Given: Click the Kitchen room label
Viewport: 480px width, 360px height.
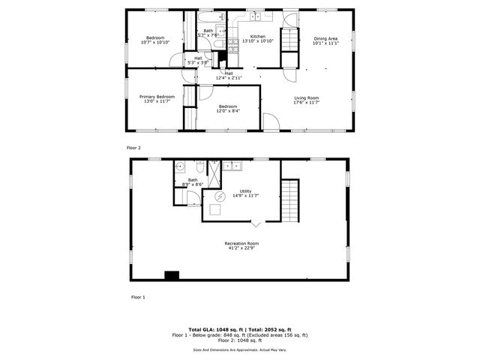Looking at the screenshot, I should pos(257,37).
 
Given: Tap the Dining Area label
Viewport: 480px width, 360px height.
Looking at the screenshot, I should pos(325,38).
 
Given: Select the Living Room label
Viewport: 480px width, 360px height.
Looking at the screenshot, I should pos(306,98).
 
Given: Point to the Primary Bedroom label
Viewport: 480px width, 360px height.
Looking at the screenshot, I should pos(157,97).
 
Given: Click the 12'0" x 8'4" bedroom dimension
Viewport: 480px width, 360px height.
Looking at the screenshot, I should pos(228,112).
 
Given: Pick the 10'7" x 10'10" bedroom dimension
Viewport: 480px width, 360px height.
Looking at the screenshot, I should pos(155,43).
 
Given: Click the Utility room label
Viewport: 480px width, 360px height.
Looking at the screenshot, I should pos(245,191).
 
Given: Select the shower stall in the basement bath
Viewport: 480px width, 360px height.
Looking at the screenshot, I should pos(214,174).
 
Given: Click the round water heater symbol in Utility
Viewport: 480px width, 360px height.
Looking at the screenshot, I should pos(220,196).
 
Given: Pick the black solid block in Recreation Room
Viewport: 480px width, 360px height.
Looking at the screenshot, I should pos(172,275).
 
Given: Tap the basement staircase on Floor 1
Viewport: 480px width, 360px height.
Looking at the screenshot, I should pos(289,199).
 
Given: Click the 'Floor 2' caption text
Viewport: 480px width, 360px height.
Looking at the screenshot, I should pos(133,148).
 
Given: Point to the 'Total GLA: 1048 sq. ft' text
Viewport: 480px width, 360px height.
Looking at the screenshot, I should pos(213,329).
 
